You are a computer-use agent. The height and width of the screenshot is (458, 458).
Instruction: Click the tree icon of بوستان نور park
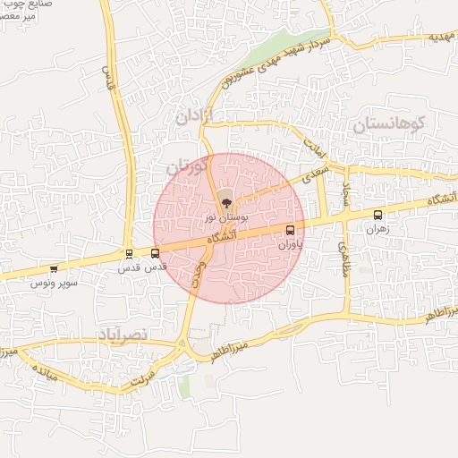tap(225, 203)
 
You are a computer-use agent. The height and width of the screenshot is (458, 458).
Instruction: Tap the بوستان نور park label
tap(225, 217)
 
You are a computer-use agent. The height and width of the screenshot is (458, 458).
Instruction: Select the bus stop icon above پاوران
tap(290, 230)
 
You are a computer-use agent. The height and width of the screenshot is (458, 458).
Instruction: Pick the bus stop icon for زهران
tap(377, 215)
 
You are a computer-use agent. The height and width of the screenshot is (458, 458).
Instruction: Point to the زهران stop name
tap(376, 229)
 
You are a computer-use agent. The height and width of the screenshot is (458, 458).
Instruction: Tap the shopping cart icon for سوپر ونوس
tap(54, 268)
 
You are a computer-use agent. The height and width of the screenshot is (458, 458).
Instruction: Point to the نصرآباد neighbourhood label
tap(130, 334)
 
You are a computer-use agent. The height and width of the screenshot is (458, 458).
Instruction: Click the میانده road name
tap(42, 372)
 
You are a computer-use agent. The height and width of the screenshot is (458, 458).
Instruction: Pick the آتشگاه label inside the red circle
tap(221, 239)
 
